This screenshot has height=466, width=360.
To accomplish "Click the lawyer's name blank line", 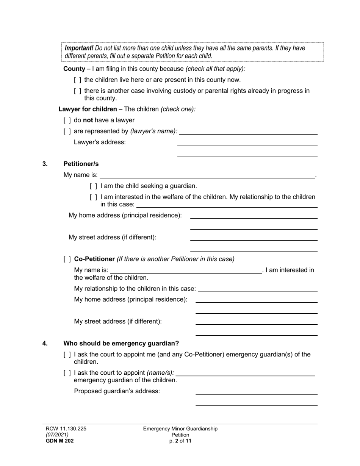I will [248, 132].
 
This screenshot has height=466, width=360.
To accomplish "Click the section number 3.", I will [45, 164].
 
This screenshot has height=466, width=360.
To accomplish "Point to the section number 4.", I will [45, 344].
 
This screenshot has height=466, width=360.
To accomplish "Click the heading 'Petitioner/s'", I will [81, 164].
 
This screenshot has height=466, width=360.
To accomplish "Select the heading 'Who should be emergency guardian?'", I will [121, 344].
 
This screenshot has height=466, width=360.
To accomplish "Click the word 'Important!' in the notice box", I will [79, 48].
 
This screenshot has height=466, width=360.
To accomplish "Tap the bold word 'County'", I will [74, 69].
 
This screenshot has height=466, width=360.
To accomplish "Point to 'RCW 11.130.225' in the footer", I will [66, 429].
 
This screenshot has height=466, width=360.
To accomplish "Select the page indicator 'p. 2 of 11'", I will [180, 441].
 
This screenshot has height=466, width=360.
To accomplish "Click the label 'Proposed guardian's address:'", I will [117, 391].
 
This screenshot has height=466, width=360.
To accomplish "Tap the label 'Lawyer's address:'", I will [100, 142].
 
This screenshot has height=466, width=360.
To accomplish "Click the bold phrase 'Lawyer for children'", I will [88, 109].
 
